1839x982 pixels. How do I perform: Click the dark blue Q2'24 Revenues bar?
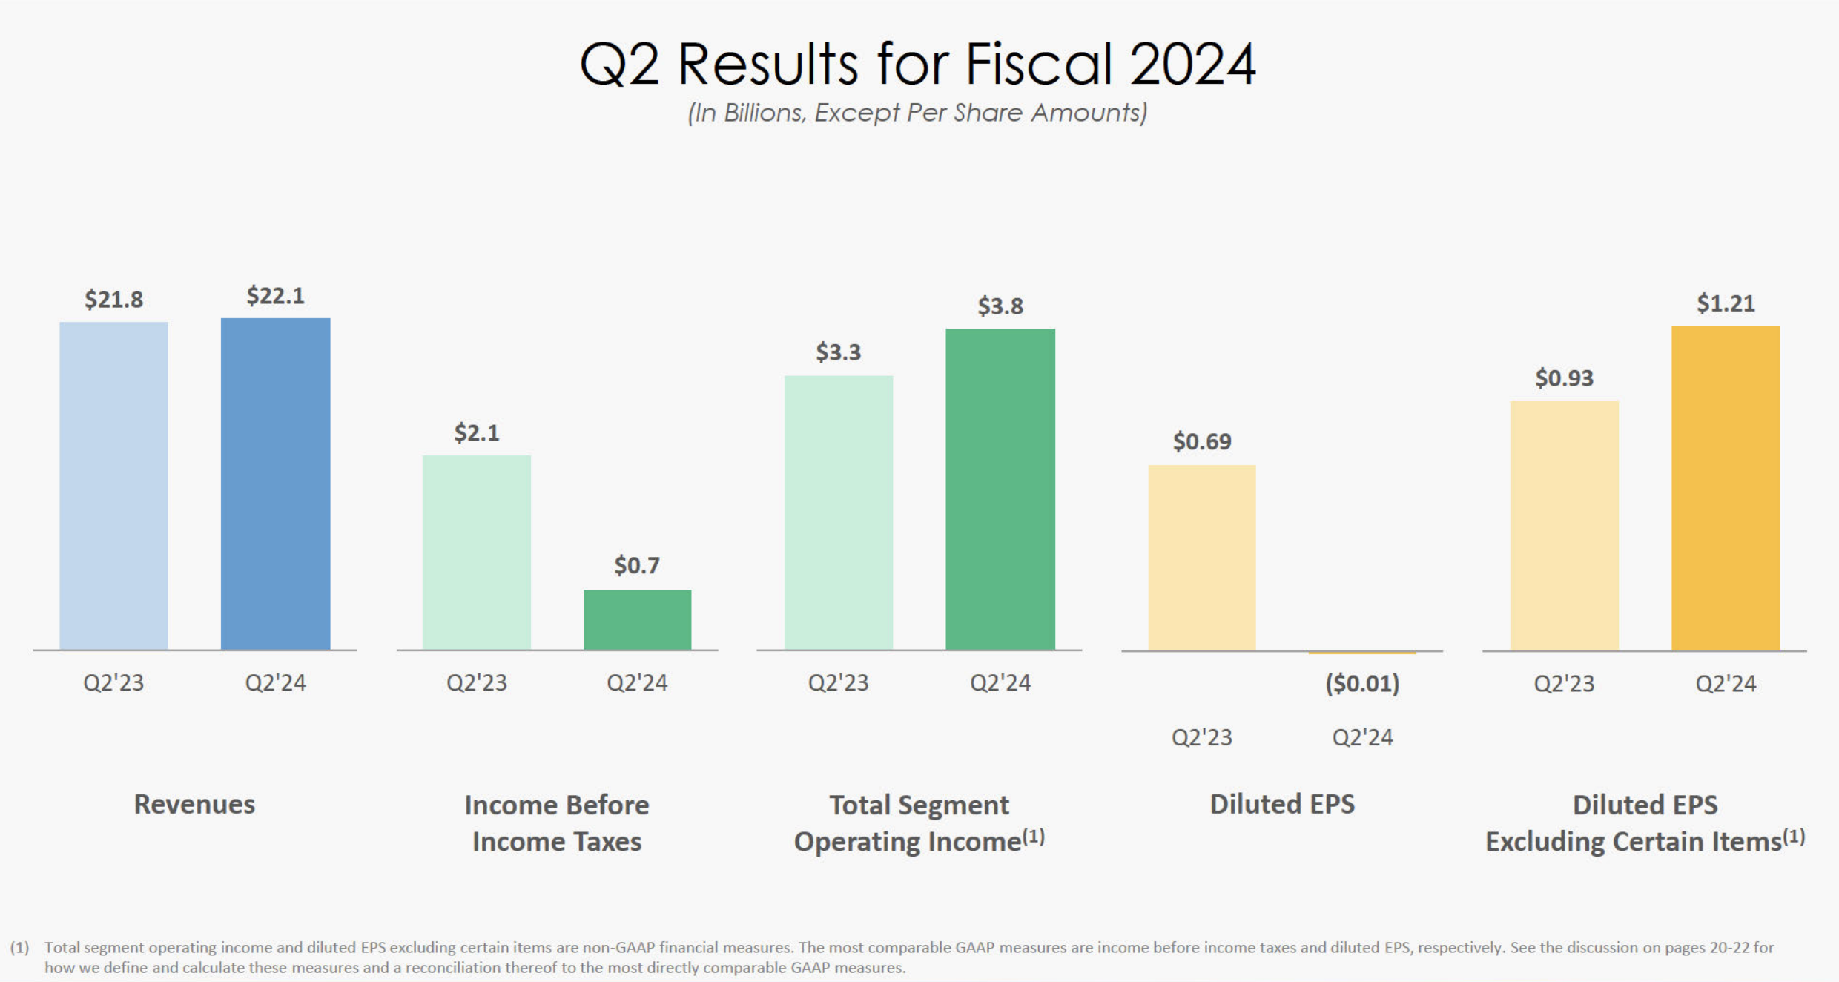click(275, 484)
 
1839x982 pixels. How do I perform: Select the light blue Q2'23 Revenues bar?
click(113, 486)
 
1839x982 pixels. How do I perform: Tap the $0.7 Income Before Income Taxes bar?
click(637, 619)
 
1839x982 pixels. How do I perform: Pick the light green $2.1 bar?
click(476, 553)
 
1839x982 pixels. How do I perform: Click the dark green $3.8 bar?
click(1000, 489)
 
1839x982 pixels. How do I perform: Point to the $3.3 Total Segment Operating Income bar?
click(838, 513)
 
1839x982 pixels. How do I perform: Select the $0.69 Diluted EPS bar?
click(1201, 558)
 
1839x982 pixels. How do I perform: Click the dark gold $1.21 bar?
click(1725, 487)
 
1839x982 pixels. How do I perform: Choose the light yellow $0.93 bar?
click(1564, 525)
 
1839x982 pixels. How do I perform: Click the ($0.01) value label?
click(1362, 683)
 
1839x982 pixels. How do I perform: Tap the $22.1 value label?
click(275, 296)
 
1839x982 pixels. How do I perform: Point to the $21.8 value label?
click(113, 300)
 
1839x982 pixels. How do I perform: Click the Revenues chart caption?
click(194, 804)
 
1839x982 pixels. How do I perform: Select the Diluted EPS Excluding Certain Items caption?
click(1645, 823)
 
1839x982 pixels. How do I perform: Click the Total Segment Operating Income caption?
click(919, 823)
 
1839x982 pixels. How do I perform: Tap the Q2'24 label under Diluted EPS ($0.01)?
click(1362, 737)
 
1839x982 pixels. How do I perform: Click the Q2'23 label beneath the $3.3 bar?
click(838, 682)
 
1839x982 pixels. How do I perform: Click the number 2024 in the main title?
click(1192, 64)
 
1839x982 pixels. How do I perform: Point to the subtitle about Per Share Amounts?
click(917, 113)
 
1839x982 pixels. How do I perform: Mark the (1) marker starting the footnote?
click(19, 947)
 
